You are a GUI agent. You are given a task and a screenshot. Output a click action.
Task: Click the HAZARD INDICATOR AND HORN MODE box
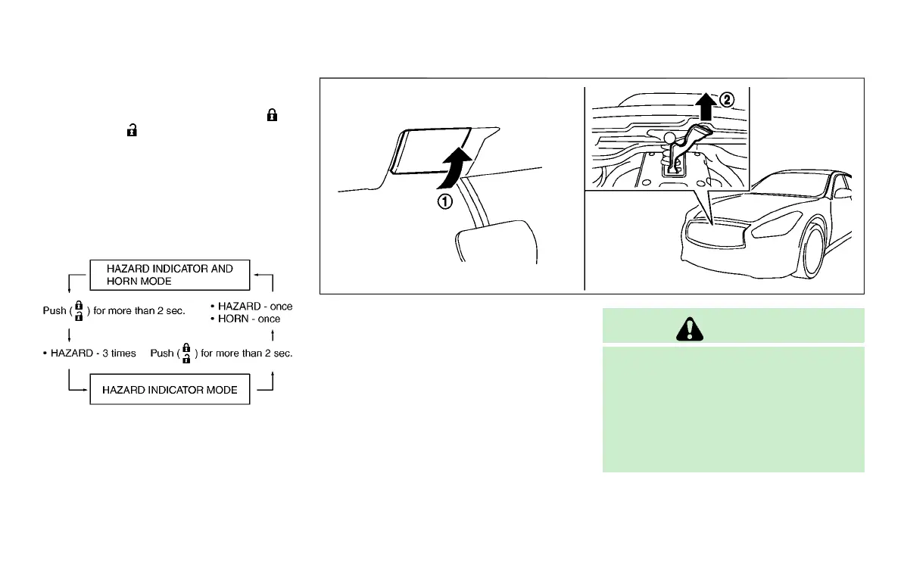click(170, 275)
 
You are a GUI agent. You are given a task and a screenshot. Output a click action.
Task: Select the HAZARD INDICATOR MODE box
click(170, 390)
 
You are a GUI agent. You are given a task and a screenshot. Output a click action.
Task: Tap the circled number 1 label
click(447, 201)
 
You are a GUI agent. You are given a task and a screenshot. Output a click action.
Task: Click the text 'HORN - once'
click(248, 319)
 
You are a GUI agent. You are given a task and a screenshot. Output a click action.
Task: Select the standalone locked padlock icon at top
click(273, 116)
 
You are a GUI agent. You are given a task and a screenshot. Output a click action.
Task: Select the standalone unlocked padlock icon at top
click(132, 130)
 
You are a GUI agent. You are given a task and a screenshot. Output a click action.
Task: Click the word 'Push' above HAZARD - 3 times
click(55, 310)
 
